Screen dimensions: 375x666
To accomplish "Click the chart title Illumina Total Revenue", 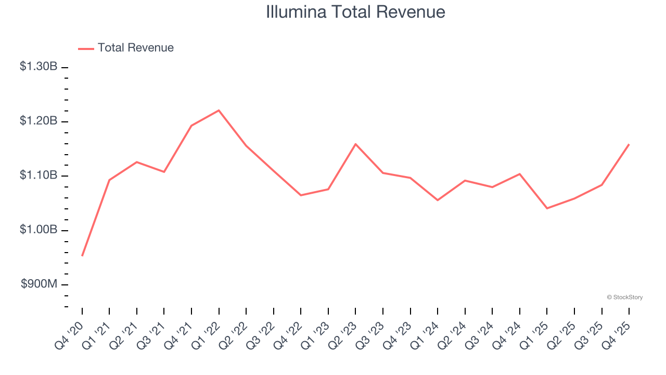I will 355,12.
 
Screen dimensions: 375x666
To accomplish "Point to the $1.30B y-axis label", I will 39,67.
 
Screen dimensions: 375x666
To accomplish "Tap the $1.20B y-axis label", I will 39,121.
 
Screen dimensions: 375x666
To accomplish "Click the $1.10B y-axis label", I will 39,175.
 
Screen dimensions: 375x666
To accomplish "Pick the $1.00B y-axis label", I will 39,230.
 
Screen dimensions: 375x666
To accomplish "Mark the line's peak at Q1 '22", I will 219,110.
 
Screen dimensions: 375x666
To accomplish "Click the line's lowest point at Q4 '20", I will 82,256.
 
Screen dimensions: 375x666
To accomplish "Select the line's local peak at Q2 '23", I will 355,144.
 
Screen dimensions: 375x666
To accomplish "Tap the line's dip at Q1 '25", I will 547,208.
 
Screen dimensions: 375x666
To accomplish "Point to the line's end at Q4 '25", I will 629,144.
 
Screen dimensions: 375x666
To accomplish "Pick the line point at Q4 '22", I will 301,195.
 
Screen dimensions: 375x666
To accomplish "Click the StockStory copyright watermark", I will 624,297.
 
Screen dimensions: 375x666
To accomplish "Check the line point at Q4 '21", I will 191,126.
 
